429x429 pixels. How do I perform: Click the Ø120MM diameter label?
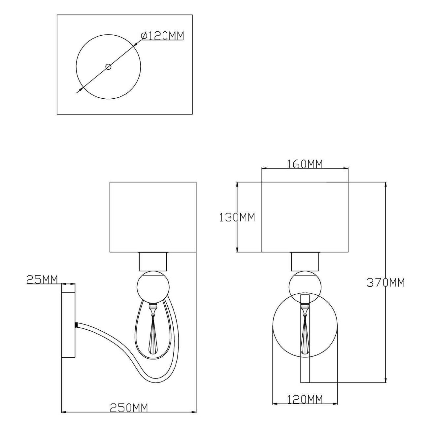coord(162,36)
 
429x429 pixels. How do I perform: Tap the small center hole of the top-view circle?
coord(108,67)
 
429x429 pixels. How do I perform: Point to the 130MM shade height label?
coord(237,217)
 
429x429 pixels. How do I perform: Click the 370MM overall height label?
coord(385,283)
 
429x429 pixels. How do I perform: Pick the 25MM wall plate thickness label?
coord(42,280)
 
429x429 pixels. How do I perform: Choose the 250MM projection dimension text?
coord(129,402)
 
